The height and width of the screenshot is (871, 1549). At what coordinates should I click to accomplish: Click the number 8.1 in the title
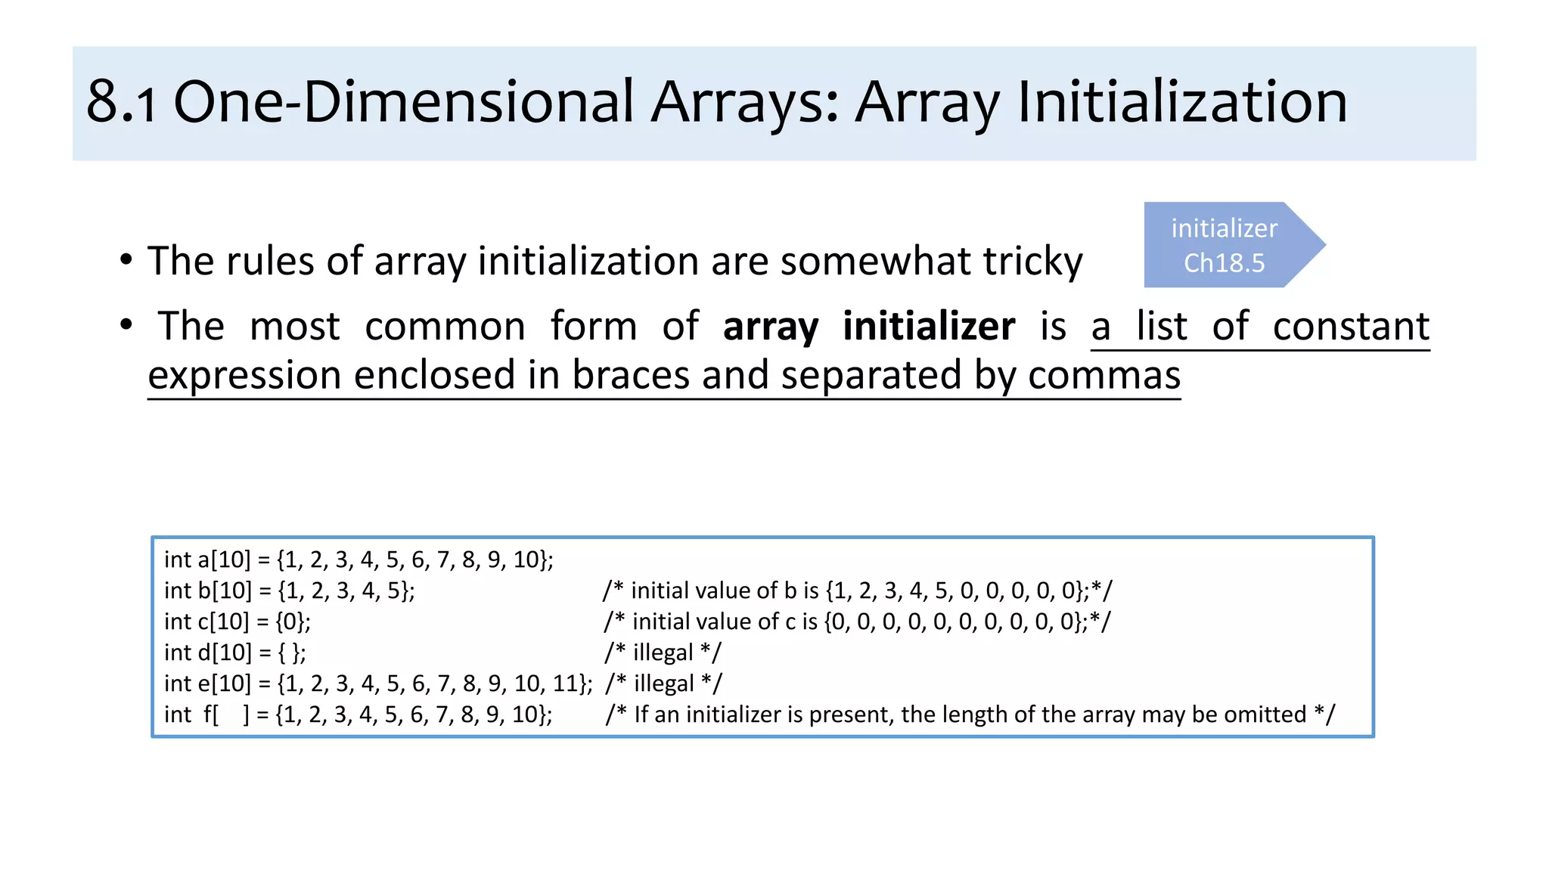pos(122,103)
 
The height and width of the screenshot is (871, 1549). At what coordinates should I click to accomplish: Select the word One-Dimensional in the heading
pos(404,103)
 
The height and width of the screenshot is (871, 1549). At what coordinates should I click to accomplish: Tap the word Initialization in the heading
pos(1182,103)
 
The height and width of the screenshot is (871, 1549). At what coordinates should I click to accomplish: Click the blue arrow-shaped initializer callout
pos(1233,245)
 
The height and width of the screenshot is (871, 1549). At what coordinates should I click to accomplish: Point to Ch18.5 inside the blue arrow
pos(1224,263)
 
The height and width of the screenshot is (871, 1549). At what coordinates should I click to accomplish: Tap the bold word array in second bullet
pos(770,327)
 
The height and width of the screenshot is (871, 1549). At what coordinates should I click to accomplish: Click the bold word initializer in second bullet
pos(929,327)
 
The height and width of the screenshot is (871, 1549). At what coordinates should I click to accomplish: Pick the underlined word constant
pos(1351,327)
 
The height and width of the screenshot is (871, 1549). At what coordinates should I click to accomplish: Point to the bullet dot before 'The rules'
pos(126,259)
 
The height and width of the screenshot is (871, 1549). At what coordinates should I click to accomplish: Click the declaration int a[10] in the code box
pos(207,559)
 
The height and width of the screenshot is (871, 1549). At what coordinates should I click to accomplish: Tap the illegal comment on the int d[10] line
pos(663,652)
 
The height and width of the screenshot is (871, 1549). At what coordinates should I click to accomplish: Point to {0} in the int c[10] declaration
pos(290,621)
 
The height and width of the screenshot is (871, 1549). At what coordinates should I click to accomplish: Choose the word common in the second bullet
pos(445,327)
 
